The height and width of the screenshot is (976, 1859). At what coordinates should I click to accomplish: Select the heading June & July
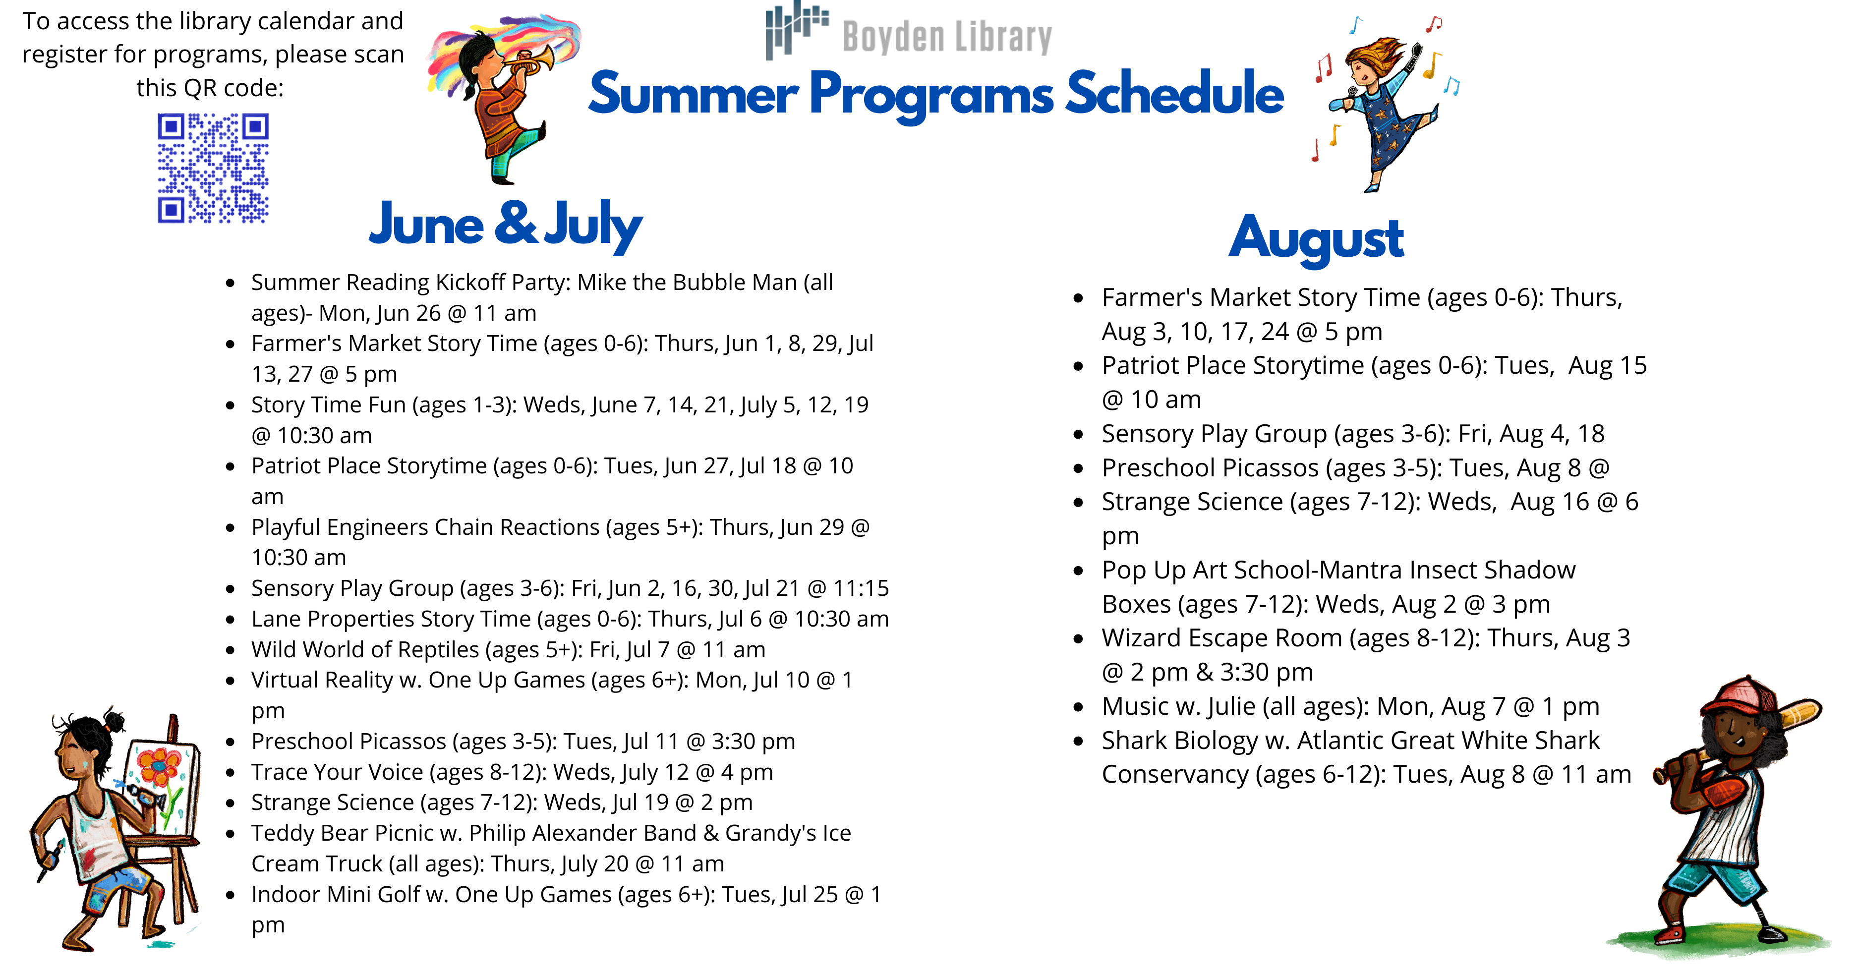505,225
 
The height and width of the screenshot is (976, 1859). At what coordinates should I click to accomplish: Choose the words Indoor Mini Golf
336,895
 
